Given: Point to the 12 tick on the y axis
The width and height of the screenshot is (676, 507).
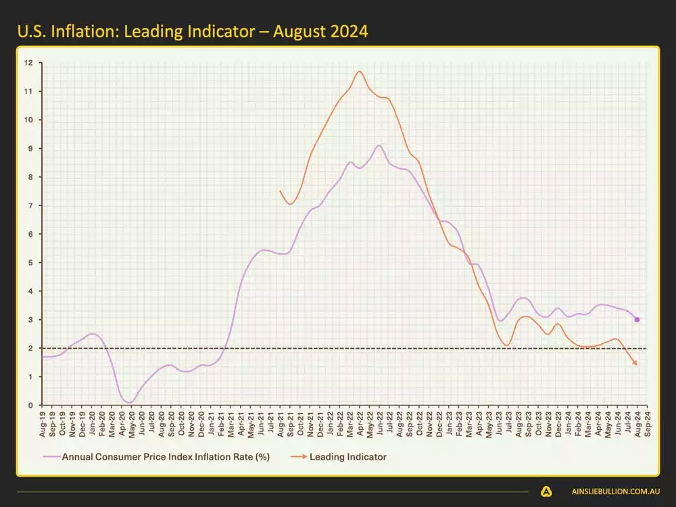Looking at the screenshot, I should point(28,63).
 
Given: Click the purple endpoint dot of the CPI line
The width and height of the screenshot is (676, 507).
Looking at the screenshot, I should point(637,320).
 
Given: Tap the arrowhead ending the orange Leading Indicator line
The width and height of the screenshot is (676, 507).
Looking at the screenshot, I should point(635,364).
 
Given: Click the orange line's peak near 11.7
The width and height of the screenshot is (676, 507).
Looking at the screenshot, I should point(359,71).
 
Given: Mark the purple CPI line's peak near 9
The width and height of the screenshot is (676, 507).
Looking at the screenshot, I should point(379,145).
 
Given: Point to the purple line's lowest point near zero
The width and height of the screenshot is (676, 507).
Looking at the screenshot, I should point(128,402).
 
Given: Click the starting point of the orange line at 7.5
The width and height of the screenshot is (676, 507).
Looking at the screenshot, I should point(280,191).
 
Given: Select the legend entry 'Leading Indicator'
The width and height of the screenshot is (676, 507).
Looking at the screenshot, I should point(347,457).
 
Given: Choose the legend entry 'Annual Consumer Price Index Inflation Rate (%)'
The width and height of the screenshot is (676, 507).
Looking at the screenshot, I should point(166,457).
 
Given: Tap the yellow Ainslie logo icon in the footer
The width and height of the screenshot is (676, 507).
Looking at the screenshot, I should point(546,492).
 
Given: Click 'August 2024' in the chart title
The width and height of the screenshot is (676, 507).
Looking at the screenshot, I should point(325,31).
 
